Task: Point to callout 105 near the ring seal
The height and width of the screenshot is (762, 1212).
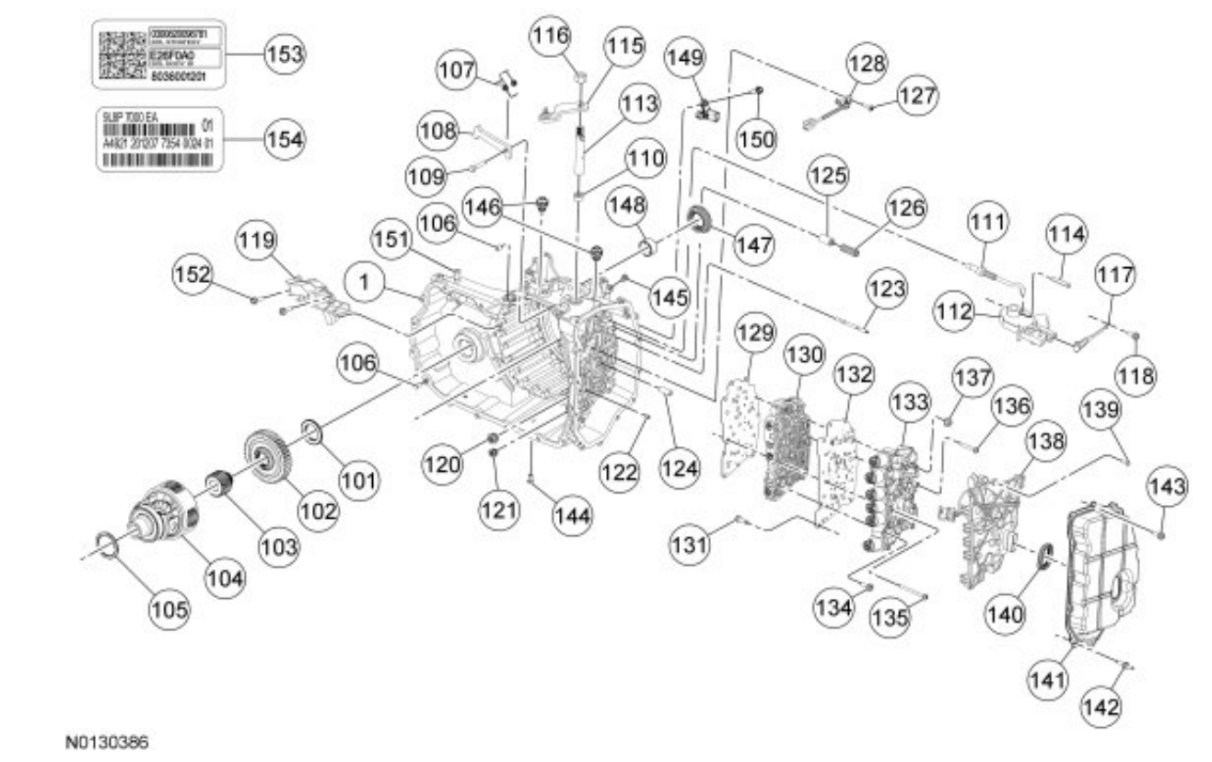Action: (170, 608)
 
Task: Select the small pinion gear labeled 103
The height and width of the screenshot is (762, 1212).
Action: (220, 483)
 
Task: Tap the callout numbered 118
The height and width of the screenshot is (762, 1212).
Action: (1138, 376)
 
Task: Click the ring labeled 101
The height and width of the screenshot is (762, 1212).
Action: (312, 431)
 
